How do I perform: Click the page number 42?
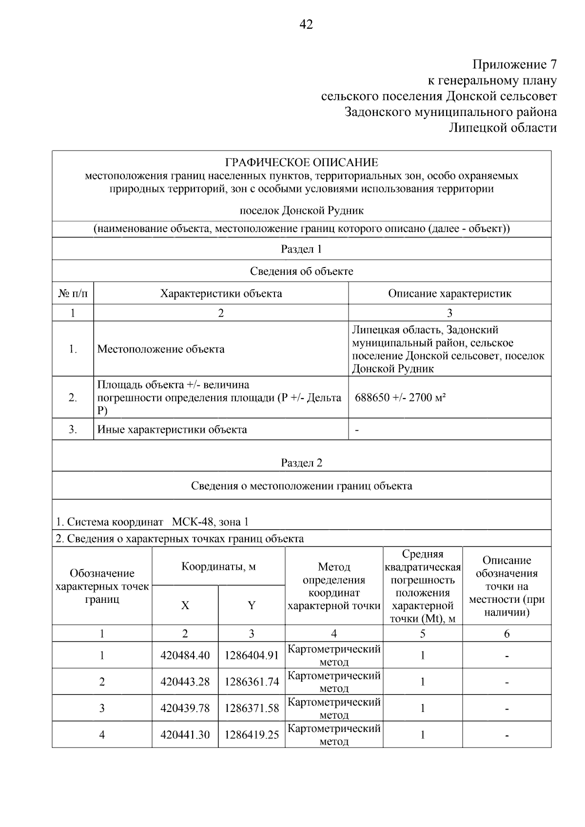point(306,24)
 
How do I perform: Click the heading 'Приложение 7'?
point(514,64)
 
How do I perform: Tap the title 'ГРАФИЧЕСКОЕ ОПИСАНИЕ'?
point(301,163)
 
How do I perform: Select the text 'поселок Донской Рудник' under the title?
point(301,211)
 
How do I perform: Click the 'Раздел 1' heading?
point(301,249)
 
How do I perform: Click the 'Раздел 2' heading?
point(301,462)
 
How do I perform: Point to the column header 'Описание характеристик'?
point(449,293)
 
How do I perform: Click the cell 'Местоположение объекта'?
point(161,349)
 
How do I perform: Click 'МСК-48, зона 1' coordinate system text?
point(210,522)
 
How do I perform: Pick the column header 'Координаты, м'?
point(218,566)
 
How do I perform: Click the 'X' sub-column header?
point(185,605)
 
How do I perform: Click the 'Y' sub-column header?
point(252,605)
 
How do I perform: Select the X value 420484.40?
point(185,655)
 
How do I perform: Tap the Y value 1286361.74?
point(252,682)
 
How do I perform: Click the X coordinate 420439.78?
point(185,708)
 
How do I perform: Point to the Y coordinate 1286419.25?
point(252,734)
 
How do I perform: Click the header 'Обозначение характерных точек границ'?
point(102,586)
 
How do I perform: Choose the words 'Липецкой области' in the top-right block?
point(502,128)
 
